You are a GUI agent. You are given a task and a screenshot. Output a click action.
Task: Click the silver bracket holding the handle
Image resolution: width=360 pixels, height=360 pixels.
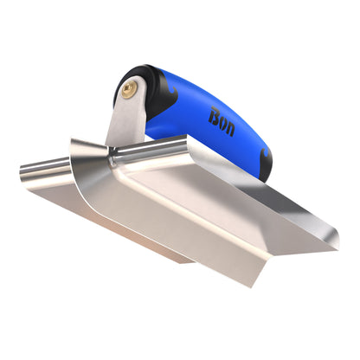tap(125, 121)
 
